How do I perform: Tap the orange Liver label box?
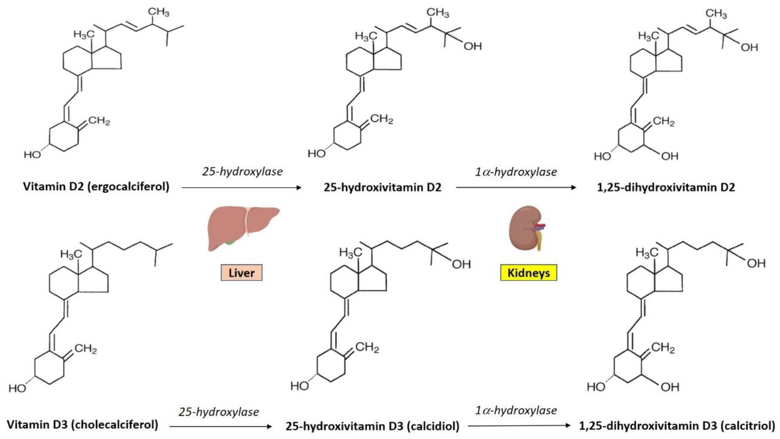[x=241, y=273]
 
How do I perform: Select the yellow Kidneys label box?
[x=528, y=273]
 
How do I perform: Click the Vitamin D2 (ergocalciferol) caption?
[x=96, y=187]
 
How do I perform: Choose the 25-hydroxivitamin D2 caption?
[x=382, y=188]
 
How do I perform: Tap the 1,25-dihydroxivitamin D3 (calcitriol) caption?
[x=677, y=426]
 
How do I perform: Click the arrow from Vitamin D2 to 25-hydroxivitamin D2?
[x=242, y=188]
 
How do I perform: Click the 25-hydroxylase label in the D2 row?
[x=242, y=172]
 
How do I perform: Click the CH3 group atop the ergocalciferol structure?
[x=158, y=12]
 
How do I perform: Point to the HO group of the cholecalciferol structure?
[x=17, y=388]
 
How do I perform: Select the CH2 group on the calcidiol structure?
[x=367, y=347]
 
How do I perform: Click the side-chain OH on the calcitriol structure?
[x=756, y=264]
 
